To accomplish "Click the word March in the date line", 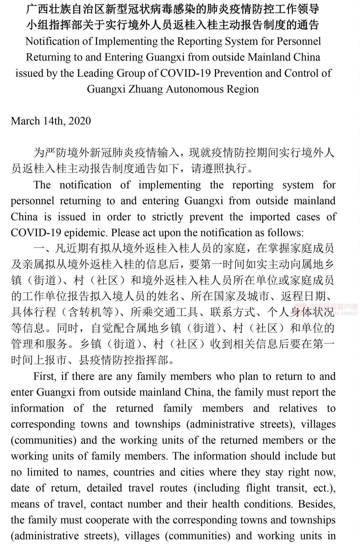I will coord(25,121).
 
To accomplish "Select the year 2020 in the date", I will coord(79,121).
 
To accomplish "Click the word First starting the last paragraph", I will coord(45,376).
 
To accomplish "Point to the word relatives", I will coord(298,408).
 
